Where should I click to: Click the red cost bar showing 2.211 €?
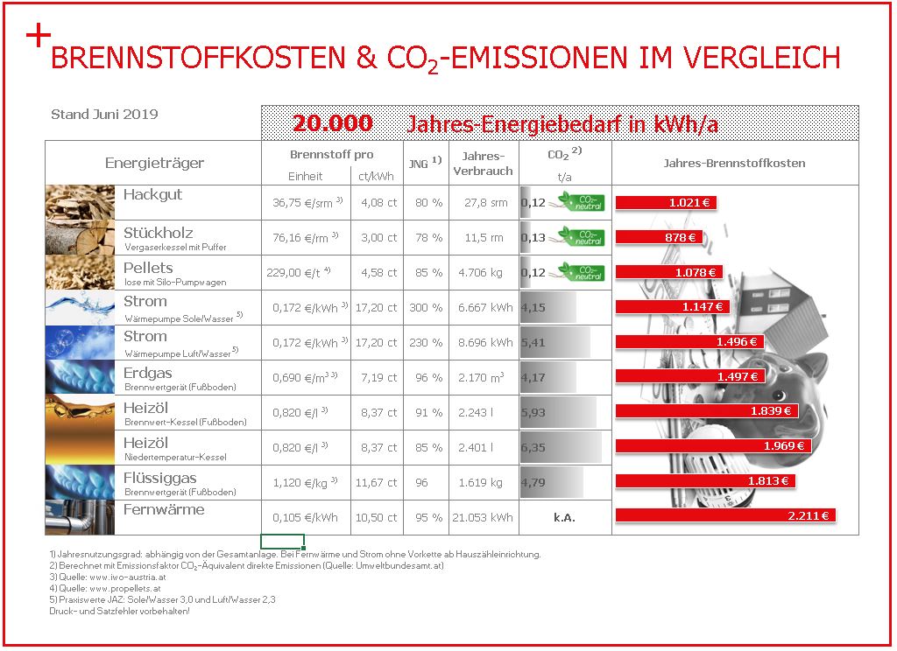click(x=725, y=515)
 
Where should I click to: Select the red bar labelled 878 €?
click(x=659, y=237)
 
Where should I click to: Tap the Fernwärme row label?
click(x=164, y=509)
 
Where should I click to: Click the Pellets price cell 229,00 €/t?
click(x=299, y=273)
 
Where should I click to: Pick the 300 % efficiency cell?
click(x=426, y=307)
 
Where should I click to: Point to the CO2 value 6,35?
click(x=533, y=447)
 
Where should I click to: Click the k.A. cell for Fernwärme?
click(x=564, y=517)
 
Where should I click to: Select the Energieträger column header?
click(x=154, y=164)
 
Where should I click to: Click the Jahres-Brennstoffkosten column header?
click(x=735, y=163)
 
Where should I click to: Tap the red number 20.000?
click(x=332, y=122)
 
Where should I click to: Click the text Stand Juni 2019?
click(x=105, y=115)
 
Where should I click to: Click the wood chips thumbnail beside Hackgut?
click(x=80, y=202)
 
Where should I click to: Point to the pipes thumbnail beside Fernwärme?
click(x=80, y=517)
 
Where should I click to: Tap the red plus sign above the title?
click(x=39, y=35)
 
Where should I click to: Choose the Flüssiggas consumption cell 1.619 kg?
click(x=481, y=482)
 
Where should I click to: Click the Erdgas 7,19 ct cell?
click(x=378, y=377)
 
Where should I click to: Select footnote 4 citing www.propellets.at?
click(x=105, y=588)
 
